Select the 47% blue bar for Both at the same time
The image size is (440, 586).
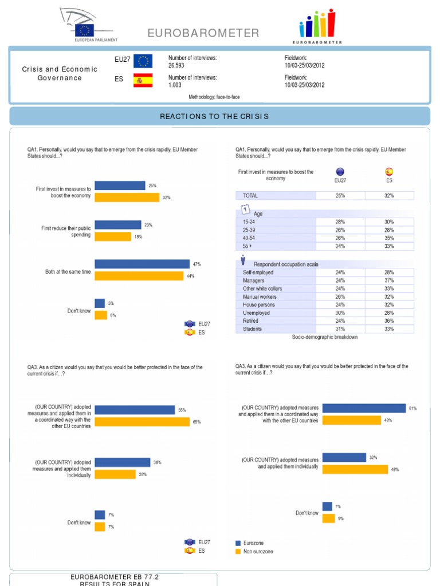[142, 264]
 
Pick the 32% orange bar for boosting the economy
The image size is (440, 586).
[127, 197]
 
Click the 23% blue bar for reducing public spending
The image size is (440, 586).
[117, 225]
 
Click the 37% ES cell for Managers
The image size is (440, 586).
[389, 281]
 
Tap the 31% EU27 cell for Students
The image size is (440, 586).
[340, 329]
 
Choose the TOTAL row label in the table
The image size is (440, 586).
[250, 196]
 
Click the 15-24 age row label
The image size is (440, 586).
[250, 221]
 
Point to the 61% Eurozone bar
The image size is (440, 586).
[364, 408]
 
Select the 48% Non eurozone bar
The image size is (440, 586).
[356, 469]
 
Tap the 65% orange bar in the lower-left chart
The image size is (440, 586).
[142, 422]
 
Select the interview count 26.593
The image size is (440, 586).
[176, 66]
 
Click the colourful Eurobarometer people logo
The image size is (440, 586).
[317, 26]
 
